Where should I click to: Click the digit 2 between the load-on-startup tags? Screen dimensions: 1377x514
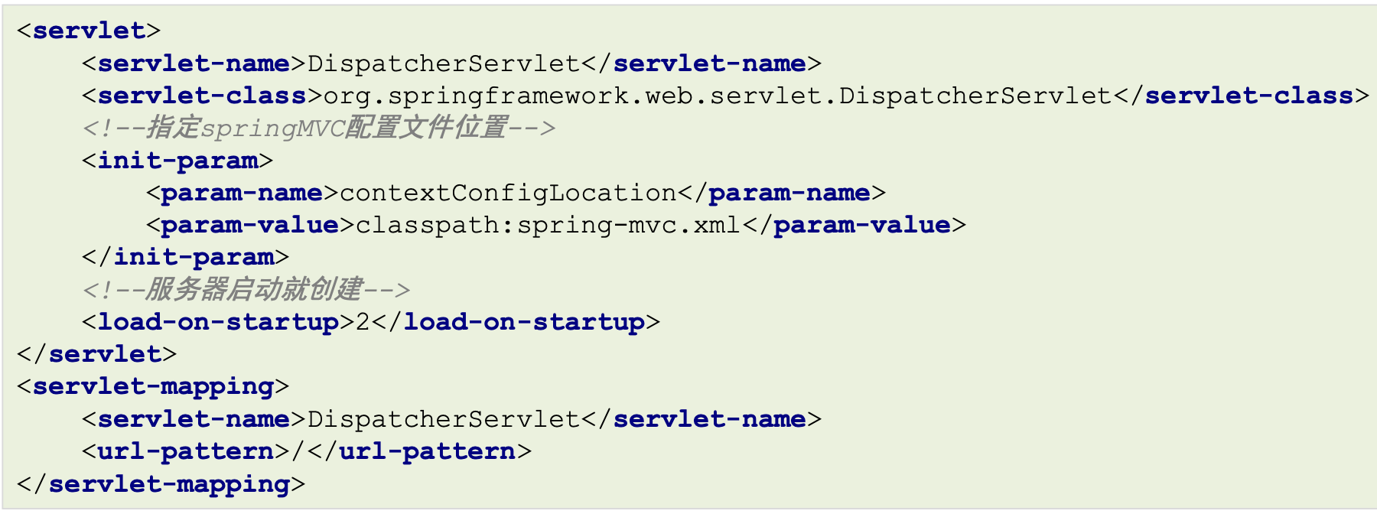[x=363, y=322]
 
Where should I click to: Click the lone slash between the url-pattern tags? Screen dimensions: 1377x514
[x=298, y=451]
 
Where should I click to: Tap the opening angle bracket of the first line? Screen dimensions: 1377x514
[x=24, y=31]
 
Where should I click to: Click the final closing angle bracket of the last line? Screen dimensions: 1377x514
[x=298, y=484]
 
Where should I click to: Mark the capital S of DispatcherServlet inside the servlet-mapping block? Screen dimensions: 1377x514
[x=475, y=419]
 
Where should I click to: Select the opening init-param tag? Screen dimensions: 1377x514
[x=177, y=161]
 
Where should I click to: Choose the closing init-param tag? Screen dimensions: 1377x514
[x=185, y=257]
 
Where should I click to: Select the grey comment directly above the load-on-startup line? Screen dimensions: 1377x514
[x=246, y=289]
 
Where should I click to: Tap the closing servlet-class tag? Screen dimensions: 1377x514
[x=1242, y=96]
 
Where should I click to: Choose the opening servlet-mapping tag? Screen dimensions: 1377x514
[x=153, y=386]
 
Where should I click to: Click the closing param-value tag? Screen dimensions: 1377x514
[x=854, y=225]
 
